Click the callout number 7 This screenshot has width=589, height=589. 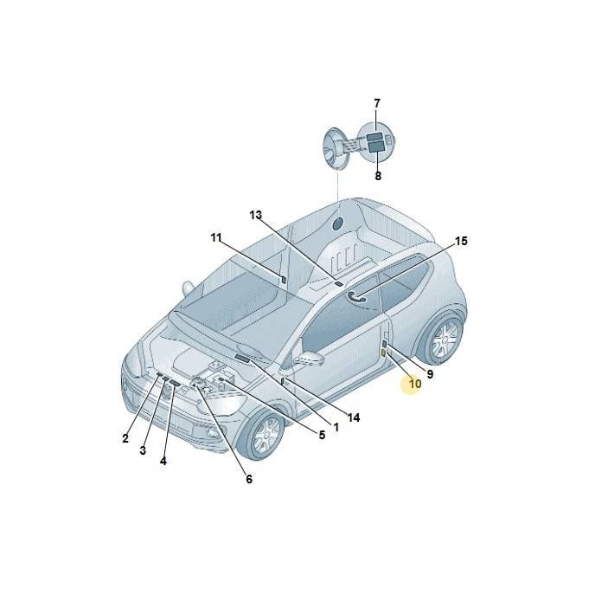(x=377, y=104)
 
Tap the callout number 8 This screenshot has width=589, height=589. (x=378, y=176)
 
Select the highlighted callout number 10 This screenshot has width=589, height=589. (x=415, y=384)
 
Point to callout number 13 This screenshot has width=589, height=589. (x=255, y=215)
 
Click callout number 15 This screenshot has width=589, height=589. (x=461, y=241)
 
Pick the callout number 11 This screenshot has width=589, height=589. (x=216, y=237)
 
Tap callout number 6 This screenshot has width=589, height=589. (x=249, y=479)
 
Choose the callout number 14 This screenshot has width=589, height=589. (x=354, y=417)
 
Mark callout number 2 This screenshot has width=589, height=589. (x=125, y=438)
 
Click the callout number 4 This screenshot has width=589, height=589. (x=163, y=461)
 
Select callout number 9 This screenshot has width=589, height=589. (x=430, y=374)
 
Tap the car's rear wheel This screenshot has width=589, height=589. (x=443, y=337)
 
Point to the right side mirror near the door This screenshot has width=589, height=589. (x=309, y=358)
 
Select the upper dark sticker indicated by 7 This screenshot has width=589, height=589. (x=375, y=137)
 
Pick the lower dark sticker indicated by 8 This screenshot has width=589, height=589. (x=375, y=146)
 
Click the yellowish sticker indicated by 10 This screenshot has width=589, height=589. (x=383, y=353)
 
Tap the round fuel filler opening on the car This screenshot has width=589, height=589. (x=337, y=223)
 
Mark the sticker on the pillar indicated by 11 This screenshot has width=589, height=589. (x=284, y=280)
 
